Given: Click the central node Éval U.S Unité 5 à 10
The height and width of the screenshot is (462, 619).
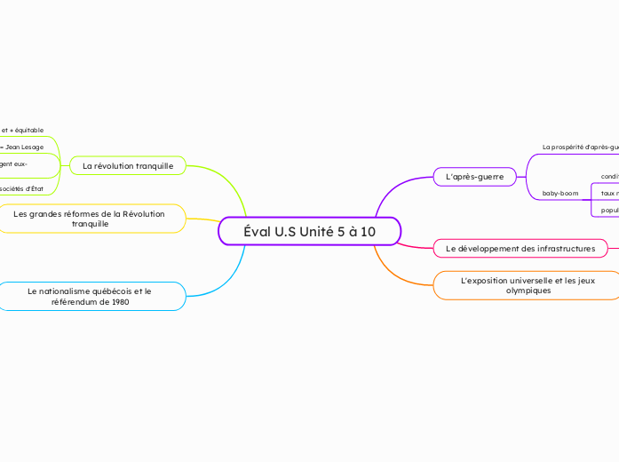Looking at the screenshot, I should (309, 231).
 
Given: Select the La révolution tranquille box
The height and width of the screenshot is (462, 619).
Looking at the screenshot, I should (128, 166).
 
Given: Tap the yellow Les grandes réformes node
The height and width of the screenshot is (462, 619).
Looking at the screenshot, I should (90, 219).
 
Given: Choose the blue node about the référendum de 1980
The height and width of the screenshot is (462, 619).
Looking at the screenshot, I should (90, 296).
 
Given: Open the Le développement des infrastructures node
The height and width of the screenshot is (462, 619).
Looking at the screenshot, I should (520, 248).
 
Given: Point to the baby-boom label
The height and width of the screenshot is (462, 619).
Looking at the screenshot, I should (560, 193).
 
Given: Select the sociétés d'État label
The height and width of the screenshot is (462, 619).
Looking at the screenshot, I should (21, 188).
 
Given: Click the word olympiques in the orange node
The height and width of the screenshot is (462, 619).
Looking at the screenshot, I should (528, 291).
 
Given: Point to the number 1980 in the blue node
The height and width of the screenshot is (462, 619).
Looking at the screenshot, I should (120, 301).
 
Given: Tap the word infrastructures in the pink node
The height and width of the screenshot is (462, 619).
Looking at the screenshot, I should (557, 248).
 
